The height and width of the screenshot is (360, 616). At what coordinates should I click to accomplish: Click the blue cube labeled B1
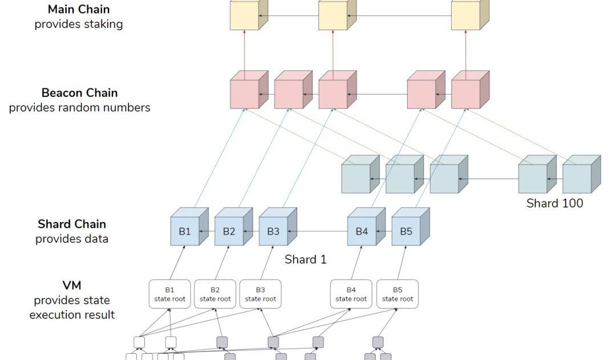pyautogui.click(x=185, y=231)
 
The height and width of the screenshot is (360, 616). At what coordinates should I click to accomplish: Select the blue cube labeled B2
pyautogui.click(x=229, y=231)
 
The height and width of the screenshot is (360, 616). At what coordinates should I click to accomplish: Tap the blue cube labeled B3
pyautogui.click(x=273, y=231)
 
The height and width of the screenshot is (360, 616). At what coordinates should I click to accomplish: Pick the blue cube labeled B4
pyautogui.click(x=362, y=231)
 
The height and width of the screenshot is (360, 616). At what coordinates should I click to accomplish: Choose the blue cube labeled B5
pyautogui.click(x=406, y=231)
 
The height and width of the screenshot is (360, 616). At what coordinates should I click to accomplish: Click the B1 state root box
pyautogui.click(x=169, y=294)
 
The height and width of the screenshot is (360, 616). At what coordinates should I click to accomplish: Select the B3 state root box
pyautogui.click(x=260, y=294)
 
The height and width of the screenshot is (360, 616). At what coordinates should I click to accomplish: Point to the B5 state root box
pyautogui.click(x=398, y=294)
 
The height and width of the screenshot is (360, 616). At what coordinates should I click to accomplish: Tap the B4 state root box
pyautogui.click(x=351, y=294)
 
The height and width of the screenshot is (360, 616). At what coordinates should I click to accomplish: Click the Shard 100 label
pyautogui.click(x=554, y=203)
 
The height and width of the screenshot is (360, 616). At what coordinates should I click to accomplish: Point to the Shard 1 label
pyautogui.click(x=306, y=260)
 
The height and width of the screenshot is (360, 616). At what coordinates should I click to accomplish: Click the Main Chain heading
pyautogui.click(x=79, y=9)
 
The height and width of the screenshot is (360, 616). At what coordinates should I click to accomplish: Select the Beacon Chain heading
pyautogui.click(x=79, y=93)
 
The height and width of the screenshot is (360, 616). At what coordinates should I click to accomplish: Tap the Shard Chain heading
pyautogui.click(x=72, y=224)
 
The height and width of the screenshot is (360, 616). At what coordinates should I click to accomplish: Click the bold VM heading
pyautogui.click(x=72, y=286)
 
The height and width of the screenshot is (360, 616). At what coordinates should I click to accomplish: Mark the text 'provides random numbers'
pyautogui.click(x=79, y=108)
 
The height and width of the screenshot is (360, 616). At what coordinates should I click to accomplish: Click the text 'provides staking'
pyautogui.click(x=79, y=24)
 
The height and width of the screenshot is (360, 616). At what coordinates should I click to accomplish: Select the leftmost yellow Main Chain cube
pyautogui.click(x=244, y=15)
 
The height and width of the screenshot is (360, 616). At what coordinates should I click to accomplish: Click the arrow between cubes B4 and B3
pyautogui.click(x=317, y=232)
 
